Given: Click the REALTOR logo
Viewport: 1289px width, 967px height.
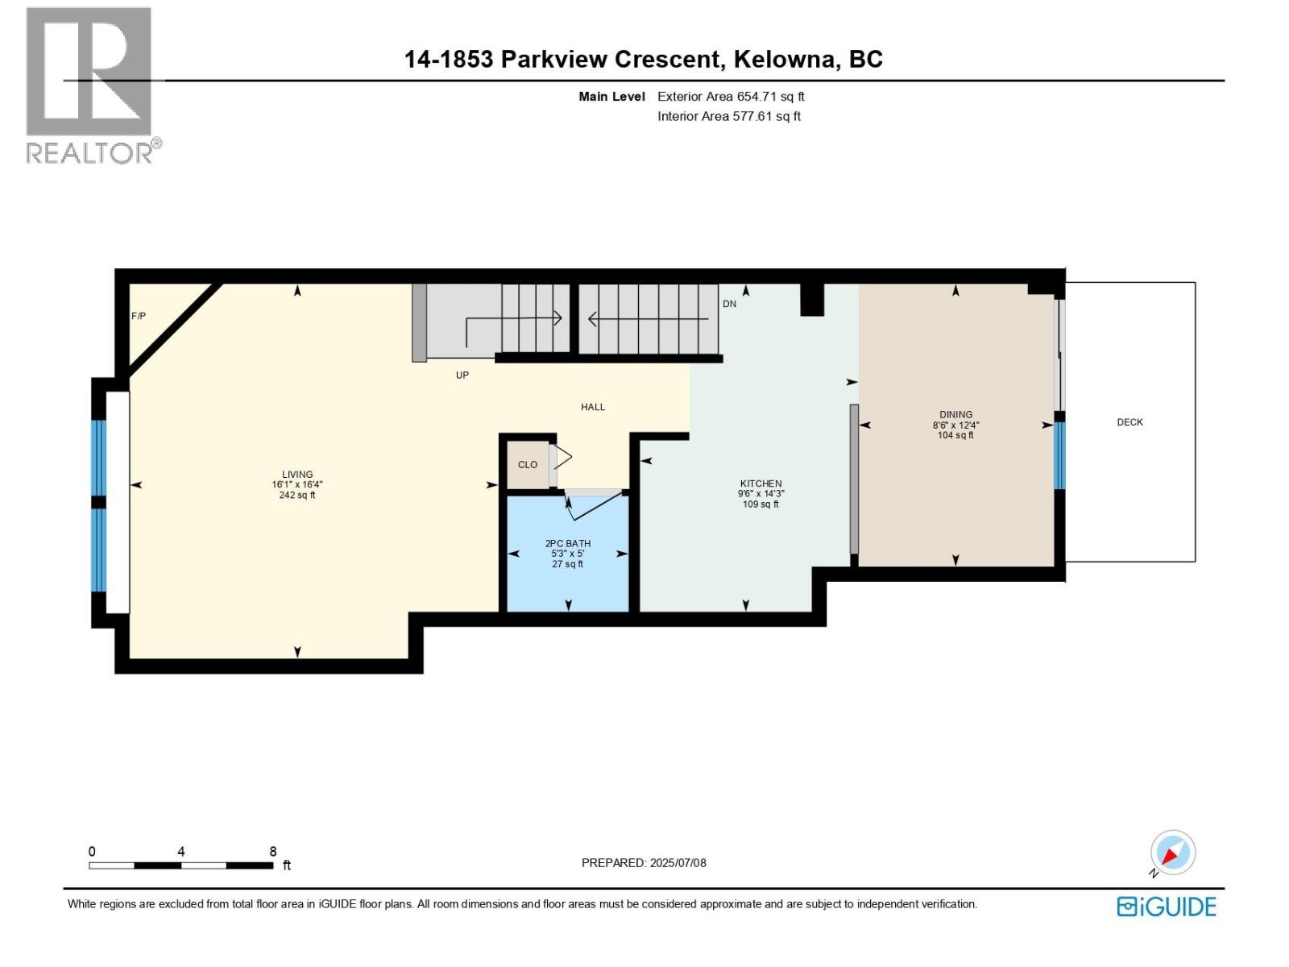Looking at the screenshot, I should (x=89, y=85).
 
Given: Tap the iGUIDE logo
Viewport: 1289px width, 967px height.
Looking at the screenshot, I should (x=1166, y=907).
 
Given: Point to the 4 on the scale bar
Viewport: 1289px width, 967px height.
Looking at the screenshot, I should (x=181, y=852).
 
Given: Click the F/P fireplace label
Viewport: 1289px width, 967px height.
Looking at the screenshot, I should (x=139, y=316).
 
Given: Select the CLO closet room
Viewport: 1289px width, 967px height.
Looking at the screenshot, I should (x=528, y=465).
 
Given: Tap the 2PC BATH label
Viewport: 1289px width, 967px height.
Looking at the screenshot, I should (x=568, y=544).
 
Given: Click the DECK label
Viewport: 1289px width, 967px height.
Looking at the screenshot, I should (x=1129, y=422).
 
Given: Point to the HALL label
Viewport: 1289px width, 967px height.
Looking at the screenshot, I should (x=593, y=407).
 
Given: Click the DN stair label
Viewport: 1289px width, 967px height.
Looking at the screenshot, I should (x=729, y=304).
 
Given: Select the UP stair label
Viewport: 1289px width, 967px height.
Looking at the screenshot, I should (x=462, y=375).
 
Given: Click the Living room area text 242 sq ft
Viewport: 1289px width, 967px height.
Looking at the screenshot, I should (x=297, y=496).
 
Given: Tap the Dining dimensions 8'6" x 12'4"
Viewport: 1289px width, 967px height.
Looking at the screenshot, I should (x=955, y=425).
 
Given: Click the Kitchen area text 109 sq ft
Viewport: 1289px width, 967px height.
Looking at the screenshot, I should (x=761, y=504).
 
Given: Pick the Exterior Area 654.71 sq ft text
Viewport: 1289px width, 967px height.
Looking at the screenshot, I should (x=731, y=97).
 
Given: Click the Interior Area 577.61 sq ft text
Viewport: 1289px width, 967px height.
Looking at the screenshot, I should (x=729, y=116).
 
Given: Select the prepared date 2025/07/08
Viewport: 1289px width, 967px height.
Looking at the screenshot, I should (x=678, y=863).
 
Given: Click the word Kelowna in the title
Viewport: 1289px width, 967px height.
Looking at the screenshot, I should (x=785, y=60).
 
